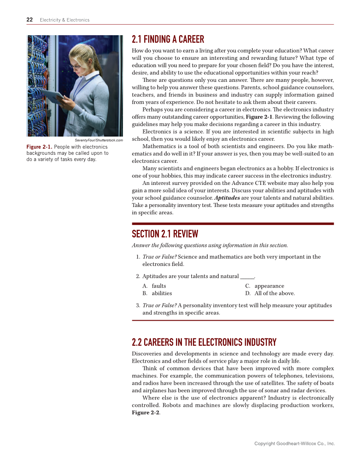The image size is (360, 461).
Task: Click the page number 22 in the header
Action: [30, 20]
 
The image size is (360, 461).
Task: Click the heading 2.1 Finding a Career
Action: [168, 40]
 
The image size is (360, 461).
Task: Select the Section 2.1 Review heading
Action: [165, 234]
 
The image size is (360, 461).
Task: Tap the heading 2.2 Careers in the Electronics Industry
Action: [204, 342]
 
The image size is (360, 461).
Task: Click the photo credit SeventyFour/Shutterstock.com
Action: [98, 140]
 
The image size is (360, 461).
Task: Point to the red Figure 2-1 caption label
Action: [39, 147]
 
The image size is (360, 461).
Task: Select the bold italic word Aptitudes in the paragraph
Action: [227, 198]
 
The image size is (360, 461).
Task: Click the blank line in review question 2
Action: [247, 277]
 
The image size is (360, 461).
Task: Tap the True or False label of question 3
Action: [159, 305]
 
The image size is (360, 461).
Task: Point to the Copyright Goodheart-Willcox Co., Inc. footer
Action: [294, 444]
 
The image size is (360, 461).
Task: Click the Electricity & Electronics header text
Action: [64, 20]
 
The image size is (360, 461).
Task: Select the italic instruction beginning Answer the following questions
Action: [210, 245]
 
